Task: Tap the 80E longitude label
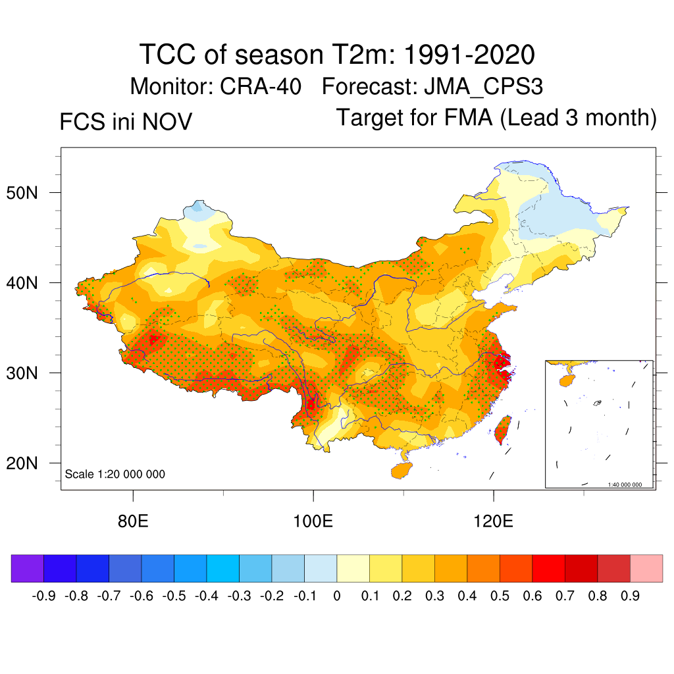click(x=133, y=522)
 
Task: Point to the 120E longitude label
click(x=494, y=522)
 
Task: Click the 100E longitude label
click(x=313, y=522)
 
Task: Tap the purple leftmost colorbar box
click(x=28, y=568)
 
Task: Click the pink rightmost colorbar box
click(x=646, y=568)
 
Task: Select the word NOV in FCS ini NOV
click(x=170, y=122)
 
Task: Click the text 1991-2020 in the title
click(x=468, y=55)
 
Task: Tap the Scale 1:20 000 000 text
click(x=115, y=475)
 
